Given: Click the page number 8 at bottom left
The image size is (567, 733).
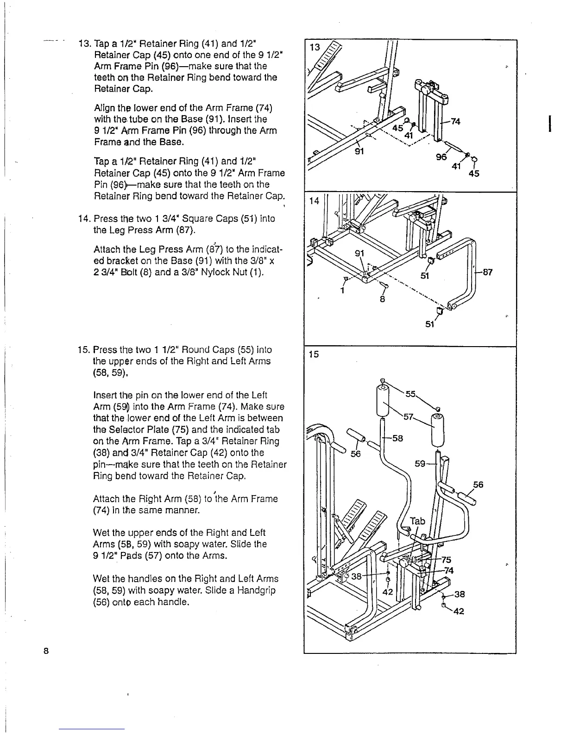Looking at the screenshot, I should [x=46, y=651].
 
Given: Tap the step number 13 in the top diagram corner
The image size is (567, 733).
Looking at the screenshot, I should [x=315, y=47].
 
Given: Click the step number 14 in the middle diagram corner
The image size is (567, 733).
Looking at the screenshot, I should [x=315, y=201].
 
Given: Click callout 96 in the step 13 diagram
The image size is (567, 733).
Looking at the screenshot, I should [x=441, y=157].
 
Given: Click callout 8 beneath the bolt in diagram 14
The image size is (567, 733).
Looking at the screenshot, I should [x=383, y=299].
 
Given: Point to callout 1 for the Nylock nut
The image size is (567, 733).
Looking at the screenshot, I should [x=341, y=291].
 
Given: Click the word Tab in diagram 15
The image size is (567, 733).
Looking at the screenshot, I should [x=417, y=521].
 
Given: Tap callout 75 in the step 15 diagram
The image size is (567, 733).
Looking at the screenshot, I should [x=446, y=559].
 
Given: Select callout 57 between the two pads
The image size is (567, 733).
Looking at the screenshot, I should [x=409, y=416].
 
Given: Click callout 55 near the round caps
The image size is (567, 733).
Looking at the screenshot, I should [x=411, y=394].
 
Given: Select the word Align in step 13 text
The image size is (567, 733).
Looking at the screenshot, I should [x=104, y=108].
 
